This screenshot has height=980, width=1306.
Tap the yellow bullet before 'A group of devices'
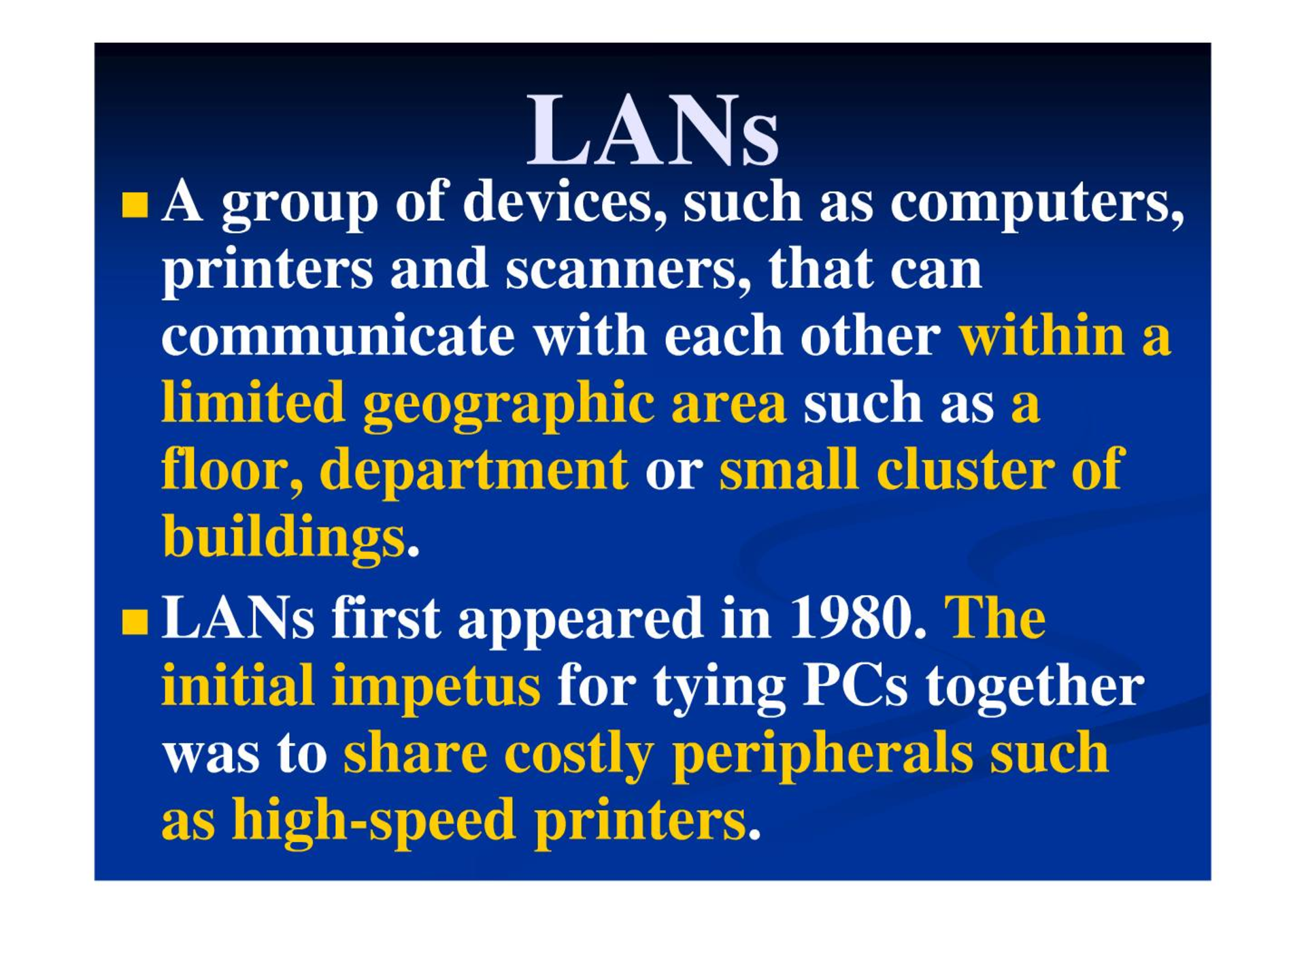(x=135, y=205)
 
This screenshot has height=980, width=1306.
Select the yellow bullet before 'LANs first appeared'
(x=135, y=621)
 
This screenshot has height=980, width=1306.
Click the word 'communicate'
(x=338, y=336)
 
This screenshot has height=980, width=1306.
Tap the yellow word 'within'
(x=1041, y=336)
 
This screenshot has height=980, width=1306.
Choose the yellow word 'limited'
(x=253, y=402)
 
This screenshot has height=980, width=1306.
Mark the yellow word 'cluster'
(x=965, y=469)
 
